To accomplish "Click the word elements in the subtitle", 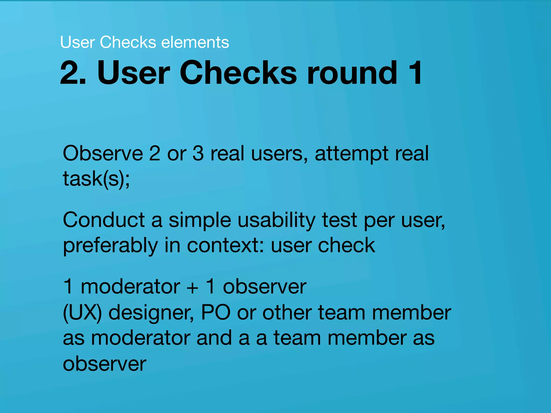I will click(x=195, y=42).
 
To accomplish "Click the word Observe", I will click(x=103, y=153).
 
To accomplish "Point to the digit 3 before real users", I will click(x=198, y=153).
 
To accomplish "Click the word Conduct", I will click(x=104, y=220).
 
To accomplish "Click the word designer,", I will click(x=151, y=314).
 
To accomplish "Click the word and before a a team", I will click(x=214, y=338).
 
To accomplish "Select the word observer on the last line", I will click(x=104, y=364).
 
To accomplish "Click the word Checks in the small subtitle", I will click(x=128, y=42).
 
